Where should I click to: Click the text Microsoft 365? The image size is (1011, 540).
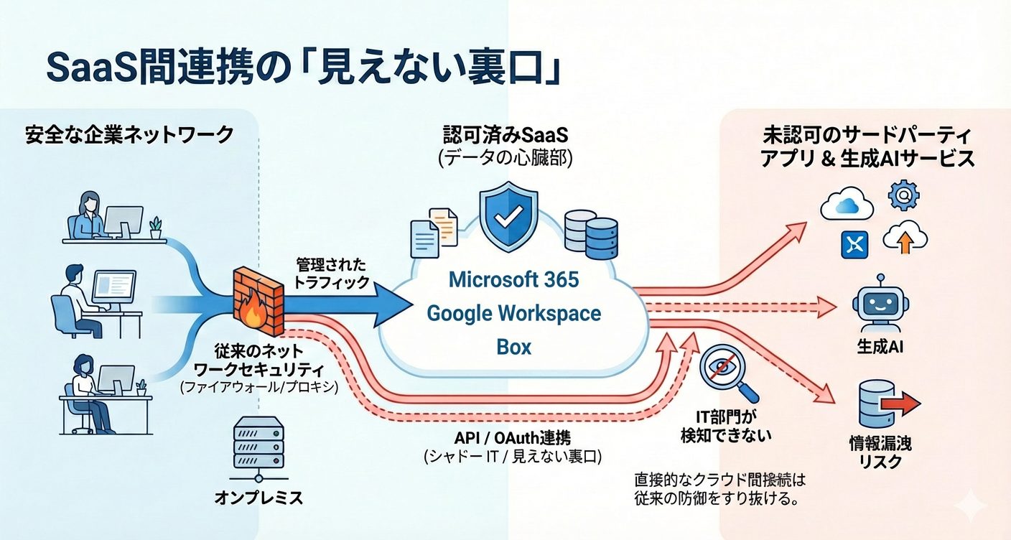click(x=513, y=279)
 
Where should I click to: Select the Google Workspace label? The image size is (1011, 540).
click(x=513, y=313)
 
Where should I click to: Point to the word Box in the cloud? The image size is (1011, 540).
click(x=513, y=347)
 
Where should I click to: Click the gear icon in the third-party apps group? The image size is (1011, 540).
click(x=903, y=195)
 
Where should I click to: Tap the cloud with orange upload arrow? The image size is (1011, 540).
click(x=903, y=238)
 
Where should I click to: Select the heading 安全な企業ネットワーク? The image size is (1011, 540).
click(x=129, y=134)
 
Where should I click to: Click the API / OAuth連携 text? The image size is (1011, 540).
click(x=513, y=438)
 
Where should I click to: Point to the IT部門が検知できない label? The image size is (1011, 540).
click(x=726, y=425)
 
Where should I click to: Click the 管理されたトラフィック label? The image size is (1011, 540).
click(x=332, y=273)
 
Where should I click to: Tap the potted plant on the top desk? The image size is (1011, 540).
click(x=156, y=228)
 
